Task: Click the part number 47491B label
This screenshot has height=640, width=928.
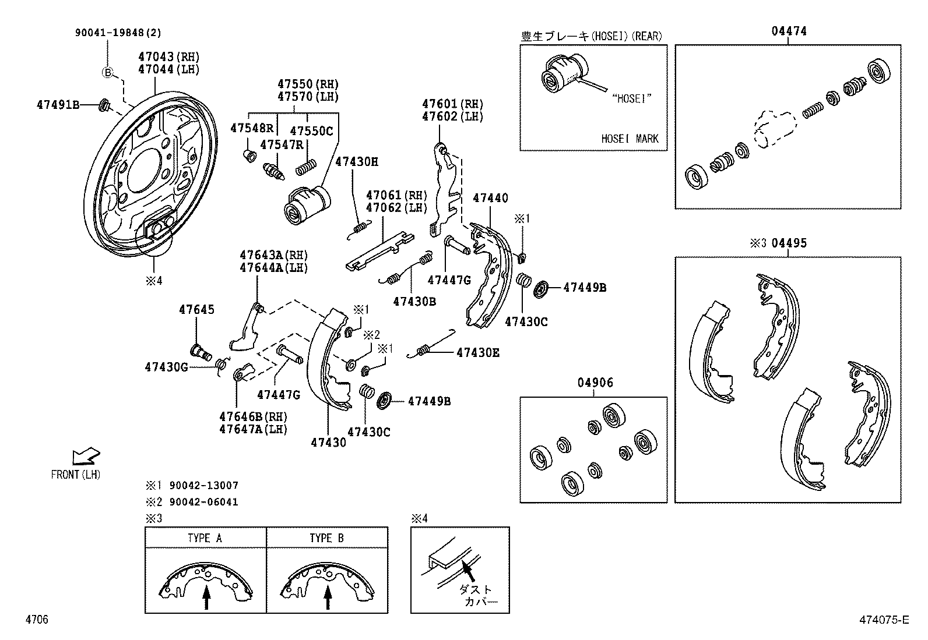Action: (57, 105)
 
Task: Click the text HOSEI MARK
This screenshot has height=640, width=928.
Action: (630, 139)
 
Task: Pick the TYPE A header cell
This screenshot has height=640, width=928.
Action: (205, 538)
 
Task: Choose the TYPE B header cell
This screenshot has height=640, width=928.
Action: (326, 538)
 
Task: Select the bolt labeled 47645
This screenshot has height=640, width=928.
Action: (201, 352)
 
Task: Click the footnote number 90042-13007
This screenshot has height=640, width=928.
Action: (203, 486)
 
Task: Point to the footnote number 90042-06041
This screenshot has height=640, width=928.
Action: (203, 502)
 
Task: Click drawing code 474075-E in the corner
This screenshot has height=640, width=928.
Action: (883, 620)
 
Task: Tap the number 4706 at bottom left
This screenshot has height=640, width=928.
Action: (36, 620)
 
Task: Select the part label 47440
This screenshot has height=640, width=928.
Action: (490, 198)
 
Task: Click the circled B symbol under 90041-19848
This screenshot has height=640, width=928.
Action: (107, 73)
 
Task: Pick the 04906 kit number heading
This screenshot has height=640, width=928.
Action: (595, 383)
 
